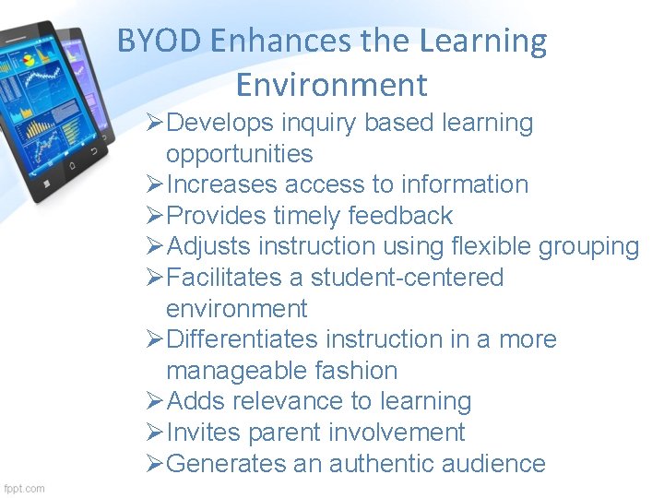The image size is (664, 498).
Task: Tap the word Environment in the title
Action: pos(331,85)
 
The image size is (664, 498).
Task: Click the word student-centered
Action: pos(407,278)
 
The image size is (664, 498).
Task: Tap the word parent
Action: pos(293,433)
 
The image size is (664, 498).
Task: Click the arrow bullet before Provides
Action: pos(155,216)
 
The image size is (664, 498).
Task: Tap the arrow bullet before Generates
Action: pos(155,464)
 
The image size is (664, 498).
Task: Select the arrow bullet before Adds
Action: pos(155,401)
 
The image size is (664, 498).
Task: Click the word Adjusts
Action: pos(208,247)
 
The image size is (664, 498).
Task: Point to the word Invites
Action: pos(205,433)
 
